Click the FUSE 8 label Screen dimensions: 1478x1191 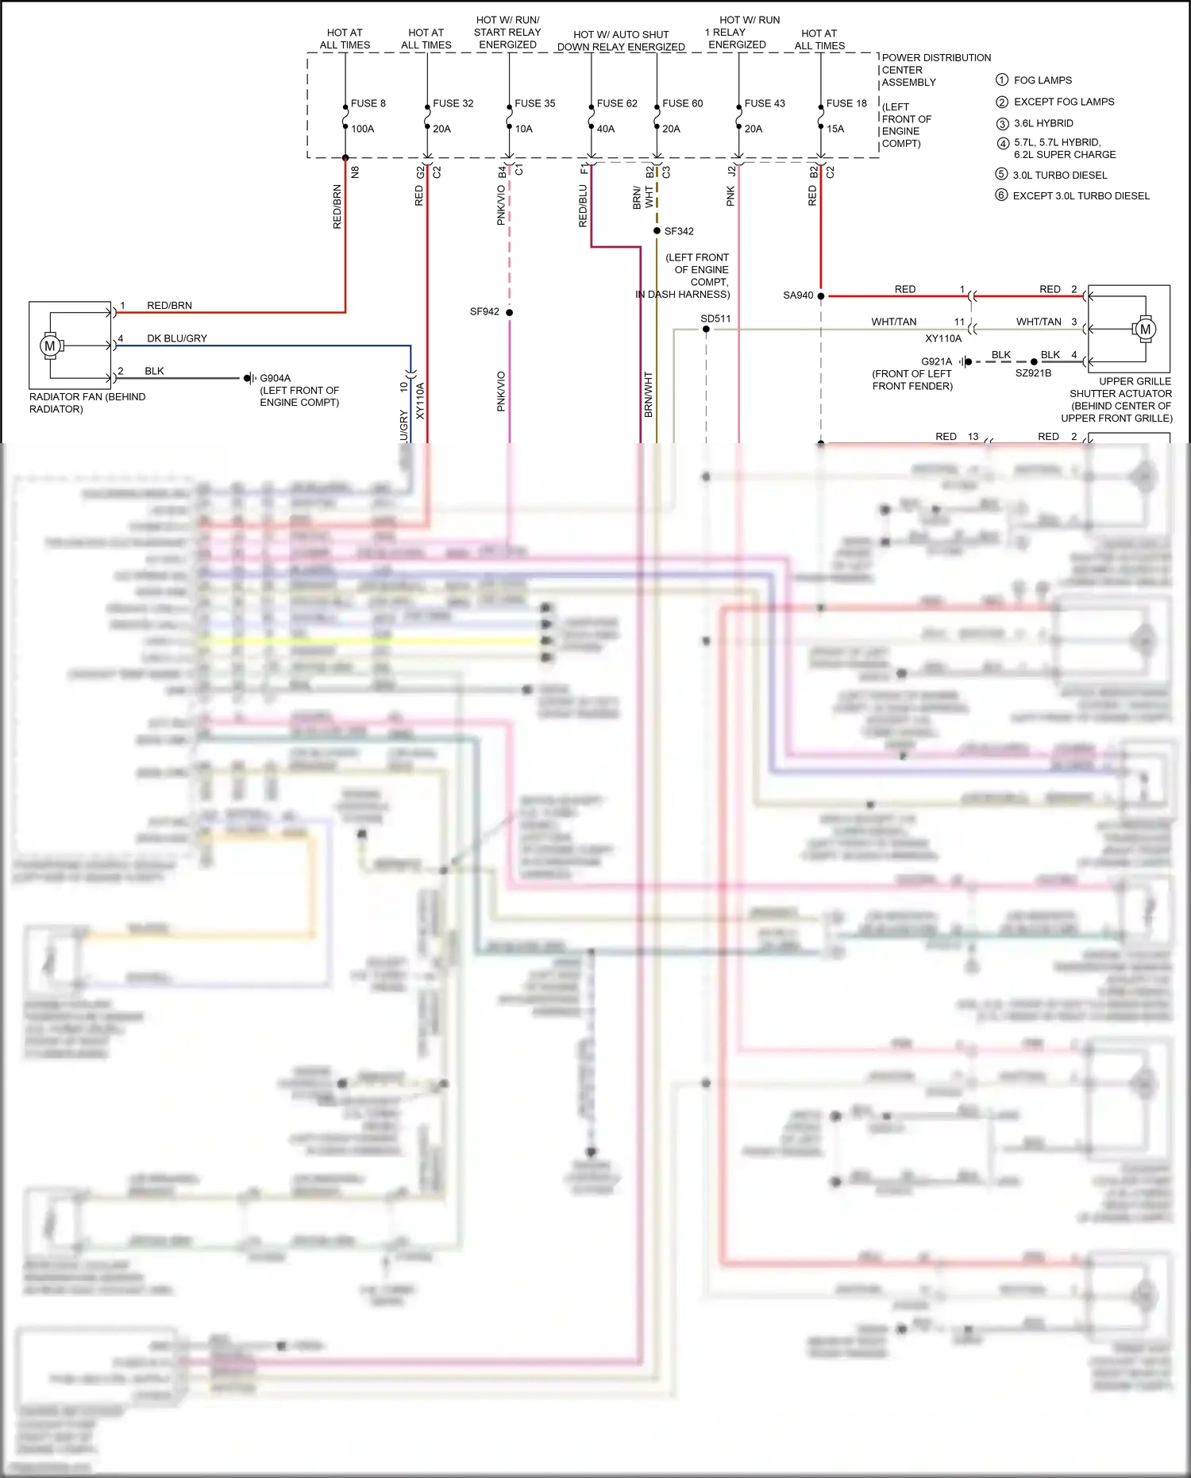coord(368,103)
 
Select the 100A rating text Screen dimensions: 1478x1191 coord(362,129)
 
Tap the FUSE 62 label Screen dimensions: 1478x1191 coord(616,103)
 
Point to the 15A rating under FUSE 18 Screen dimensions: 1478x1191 coord(835,129)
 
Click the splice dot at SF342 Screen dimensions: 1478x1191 coord(657,231)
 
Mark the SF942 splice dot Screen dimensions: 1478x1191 coord(509,312)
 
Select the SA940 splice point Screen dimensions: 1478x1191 coord(821,295)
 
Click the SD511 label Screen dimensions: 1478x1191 coord(715,318)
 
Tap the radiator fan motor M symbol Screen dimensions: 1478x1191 coord(50,345)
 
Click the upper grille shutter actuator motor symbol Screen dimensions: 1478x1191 coord(1144,329)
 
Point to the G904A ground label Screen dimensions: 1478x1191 coord(276,378)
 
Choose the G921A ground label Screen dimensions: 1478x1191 coord(936,361)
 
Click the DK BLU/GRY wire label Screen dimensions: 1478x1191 coord(176,338)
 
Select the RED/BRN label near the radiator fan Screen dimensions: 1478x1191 coord(169,305)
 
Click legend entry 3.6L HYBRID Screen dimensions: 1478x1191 coord(1043,123)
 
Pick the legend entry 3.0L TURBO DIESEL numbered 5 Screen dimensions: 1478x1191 coord(1059,175)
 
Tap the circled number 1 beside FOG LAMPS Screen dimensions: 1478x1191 coord(1001,80)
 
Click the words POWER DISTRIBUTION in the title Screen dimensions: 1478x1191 coord(936,58)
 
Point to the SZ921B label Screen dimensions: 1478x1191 coord(1033,372)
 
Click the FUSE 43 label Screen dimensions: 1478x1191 coord(764,103)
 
